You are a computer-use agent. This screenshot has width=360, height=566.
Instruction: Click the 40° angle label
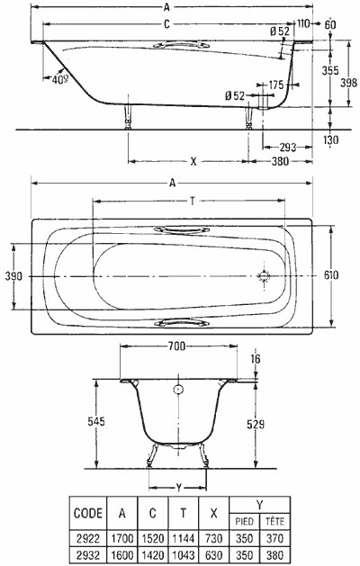click(60, 79)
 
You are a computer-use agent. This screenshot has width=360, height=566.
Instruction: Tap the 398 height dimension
click(349, 83)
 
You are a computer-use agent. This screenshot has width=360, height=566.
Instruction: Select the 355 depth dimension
click(330, 70)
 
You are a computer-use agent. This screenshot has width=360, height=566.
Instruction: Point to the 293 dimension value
click(288, 147)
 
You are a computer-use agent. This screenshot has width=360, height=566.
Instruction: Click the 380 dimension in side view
click(280, 161)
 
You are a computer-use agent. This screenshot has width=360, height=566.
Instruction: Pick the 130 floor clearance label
click(331, 139)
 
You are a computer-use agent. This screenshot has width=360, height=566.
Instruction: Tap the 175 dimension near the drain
click(276, 85)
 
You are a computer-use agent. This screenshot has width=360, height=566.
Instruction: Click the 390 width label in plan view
click(13, 276)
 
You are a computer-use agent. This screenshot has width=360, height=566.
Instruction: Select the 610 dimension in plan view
click(331, 275)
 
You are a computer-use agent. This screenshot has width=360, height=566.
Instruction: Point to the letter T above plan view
click(193, 201)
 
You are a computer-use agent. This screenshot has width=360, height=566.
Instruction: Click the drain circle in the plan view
click(264, 276)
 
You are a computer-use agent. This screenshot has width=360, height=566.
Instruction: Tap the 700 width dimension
click(177, 346)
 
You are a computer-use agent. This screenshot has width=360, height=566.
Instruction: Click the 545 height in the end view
click(96, 421)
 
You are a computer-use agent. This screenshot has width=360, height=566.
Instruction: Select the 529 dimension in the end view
click(256, 424)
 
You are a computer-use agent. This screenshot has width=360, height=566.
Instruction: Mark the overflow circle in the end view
click(178, 390)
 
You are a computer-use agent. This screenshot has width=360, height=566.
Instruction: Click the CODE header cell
click(88, 513)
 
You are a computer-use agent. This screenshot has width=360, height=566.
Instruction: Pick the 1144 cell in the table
click(183, 539)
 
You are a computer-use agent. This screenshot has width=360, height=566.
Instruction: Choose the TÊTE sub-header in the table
click(274, 521)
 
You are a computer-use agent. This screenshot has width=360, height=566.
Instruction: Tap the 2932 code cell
click(88, 554)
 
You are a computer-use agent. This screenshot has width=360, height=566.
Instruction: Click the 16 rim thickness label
click(255, 359)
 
